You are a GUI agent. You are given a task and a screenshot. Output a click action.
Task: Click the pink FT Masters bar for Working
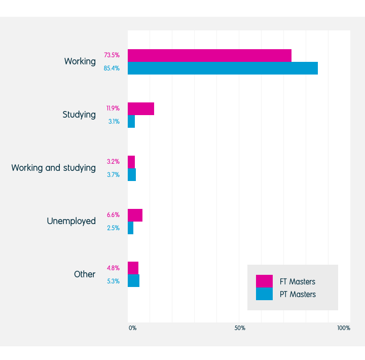click(209, 55)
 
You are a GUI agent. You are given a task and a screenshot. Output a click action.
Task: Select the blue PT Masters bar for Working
click(223, 68)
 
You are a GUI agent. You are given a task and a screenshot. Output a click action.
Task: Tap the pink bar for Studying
click(141, 109)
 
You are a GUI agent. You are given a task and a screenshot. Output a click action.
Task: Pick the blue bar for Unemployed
click(131, 228)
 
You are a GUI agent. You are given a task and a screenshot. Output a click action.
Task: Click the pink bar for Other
click(133, 268)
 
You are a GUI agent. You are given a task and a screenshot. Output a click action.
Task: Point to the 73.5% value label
click(112, 55)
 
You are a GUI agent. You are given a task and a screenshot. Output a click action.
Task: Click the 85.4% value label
click(112, 68)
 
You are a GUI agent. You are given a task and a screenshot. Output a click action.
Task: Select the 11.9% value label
click(113, 109)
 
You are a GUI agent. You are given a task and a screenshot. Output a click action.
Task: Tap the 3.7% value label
click(113, 175)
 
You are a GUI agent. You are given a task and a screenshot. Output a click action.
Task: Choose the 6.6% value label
click(113, 215)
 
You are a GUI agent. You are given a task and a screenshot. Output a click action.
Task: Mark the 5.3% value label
click(113, 281)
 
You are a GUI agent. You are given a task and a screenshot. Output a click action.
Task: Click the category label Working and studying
click(53, 168)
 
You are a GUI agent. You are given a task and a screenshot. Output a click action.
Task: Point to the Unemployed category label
click(71, 221)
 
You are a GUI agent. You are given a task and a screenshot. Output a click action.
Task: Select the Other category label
click(85, 274)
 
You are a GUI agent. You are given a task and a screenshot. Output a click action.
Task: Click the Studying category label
click(79, 115)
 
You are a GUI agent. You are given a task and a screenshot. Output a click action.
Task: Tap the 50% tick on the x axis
click(240, 328)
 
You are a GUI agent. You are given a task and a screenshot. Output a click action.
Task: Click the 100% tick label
click(343, 328)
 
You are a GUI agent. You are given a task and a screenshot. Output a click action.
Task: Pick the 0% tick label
click(132, 328)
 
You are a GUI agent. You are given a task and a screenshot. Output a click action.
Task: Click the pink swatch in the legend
click(264, 281)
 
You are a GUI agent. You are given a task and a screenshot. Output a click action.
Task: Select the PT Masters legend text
click(297, 295)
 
